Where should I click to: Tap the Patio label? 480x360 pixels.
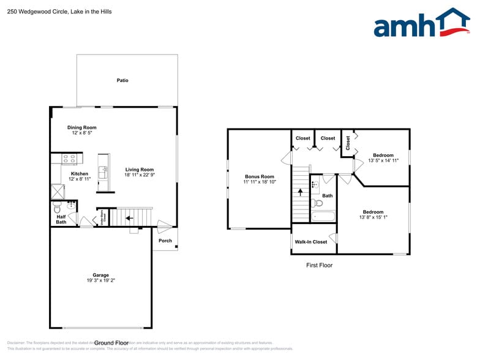point(122,80)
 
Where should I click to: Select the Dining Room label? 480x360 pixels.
point(81,127)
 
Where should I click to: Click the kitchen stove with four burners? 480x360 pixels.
point(69,159)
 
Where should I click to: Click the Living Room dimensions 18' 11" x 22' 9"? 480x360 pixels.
point(139,175)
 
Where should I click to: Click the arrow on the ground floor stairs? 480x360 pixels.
point(129,216)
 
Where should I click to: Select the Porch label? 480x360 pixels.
point(165,241)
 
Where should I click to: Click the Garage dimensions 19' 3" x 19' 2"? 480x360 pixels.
point(100,280)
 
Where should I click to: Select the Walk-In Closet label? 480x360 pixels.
point(311,242)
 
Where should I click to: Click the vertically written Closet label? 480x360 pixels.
point(348,143)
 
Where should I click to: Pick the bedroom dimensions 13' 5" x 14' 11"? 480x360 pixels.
point(383,160)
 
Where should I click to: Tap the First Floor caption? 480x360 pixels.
point(319,265)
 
